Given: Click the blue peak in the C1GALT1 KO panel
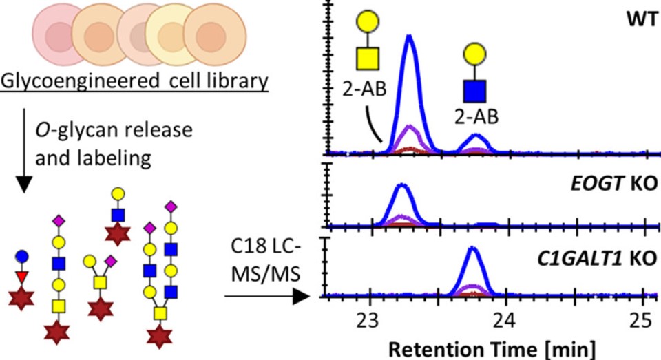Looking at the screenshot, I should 472,249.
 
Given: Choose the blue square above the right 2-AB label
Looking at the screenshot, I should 474,89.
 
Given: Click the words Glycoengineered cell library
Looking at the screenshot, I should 135,83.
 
